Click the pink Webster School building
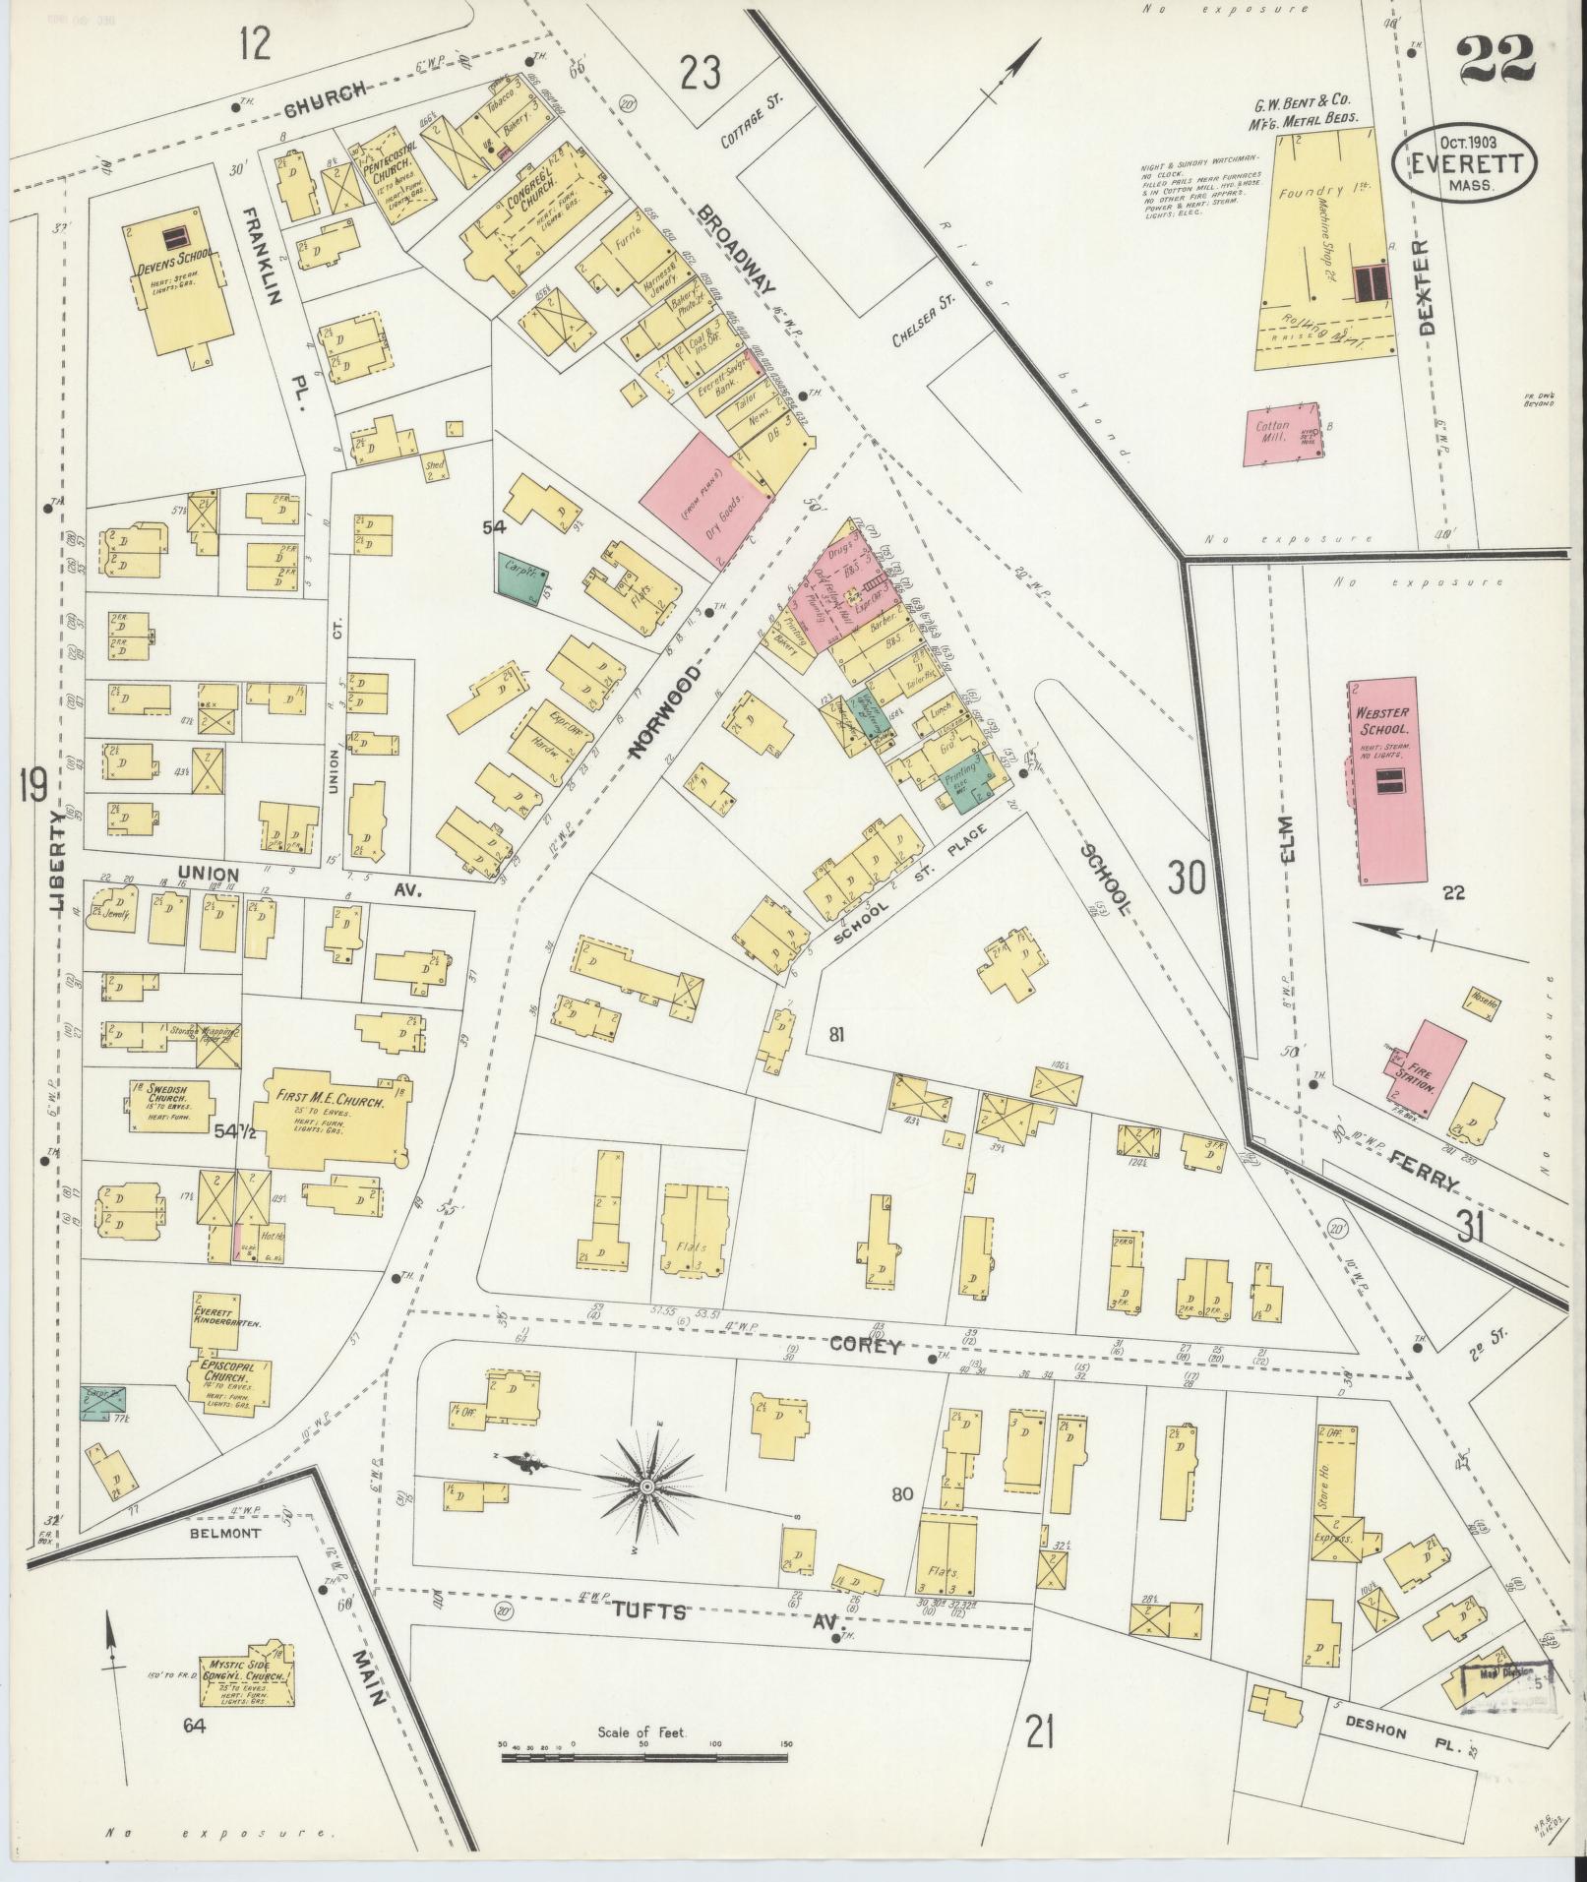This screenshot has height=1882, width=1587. (x=1392, y=779)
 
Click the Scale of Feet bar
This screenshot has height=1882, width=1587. (x=646, y=1756)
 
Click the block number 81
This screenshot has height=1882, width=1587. (x=836, y=1034)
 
